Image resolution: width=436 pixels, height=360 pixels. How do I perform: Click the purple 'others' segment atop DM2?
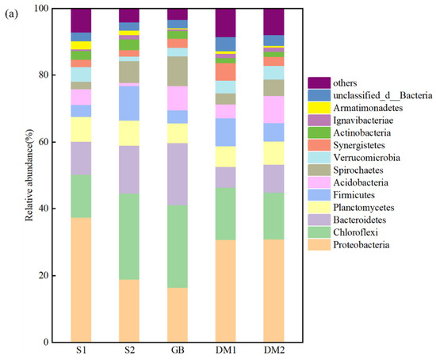tap(274, 21)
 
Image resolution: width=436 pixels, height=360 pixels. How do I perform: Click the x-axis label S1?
tap(81, 352)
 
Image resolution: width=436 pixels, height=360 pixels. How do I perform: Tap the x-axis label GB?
tap(178, 352)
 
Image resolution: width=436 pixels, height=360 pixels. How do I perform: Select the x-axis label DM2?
tap(274, 352)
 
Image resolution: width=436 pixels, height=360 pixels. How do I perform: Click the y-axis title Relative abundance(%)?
tap(29, 174)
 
